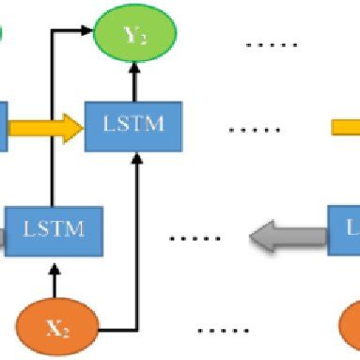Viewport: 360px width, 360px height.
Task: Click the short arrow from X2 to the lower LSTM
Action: coord(56,278)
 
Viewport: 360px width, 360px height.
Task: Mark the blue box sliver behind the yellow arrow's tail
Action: coord(4,127)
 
